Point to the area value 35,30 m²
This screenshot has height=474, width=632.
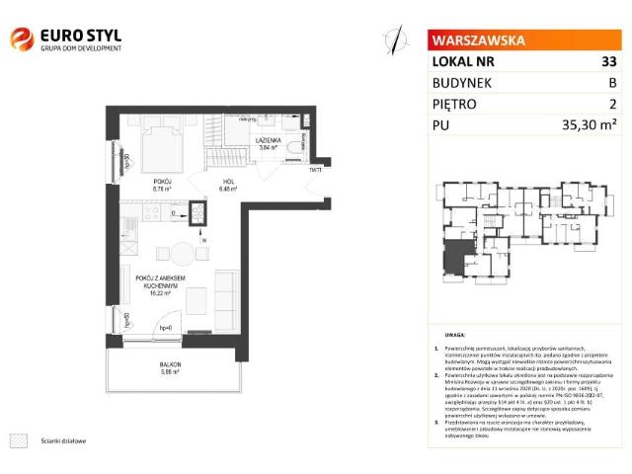coord(589,124)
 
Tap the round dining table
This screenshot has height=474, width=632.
coord(179,252)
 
